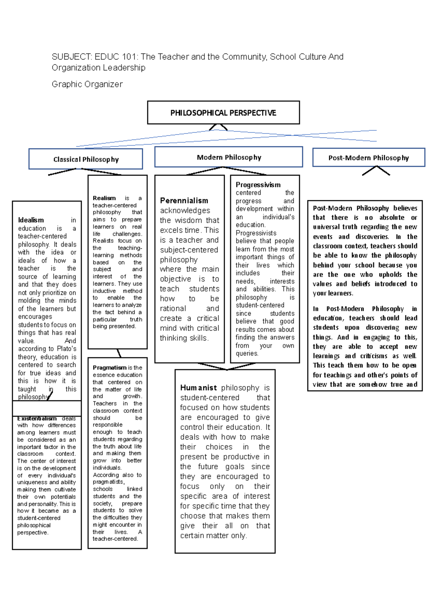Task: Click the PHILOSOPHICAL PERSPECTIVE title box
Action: tap(223, 113)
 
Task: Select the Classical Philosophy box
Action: tap(86, 159)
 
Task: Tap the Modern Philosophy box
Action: tap(229, 157)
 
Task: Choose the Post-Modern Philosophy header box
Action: tap(368, 158)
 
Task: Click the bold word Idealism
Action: tap(31, 220)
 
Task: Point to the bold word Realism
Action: tap(104, 198)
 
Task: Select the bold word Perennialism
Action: tap(184, 201)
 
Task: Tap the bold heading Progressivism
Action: tap(258, 185)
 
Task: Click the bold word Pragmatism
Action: tap(109, 368)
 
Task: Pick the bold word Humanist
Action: tap(198, 388)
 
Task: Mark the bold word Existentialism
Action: tap(37, 418)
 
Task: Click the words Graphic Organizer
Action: tap(87, 84)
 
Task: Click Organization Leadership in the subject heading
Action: tap(98, 67)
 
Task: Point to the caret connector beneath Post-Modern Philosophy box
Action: tap(376, 171)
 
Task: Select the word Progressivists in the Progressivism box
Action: tap(256, 233)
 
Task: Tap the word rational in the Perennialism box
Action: tap(173, 308)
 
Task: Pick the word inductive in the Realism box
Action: tap(104, 291)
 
